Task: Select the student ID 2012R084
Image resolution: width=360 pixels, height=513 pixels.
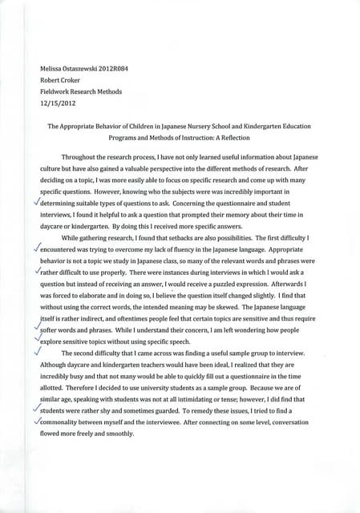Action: pyautogui.click(x=119, y=70)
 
